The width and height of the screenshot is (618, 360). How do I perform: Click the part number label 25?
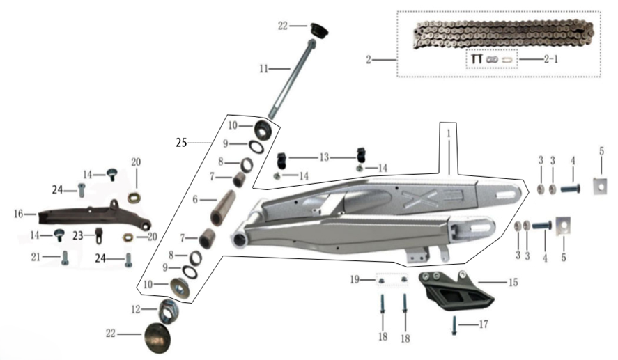[x=181, y=143]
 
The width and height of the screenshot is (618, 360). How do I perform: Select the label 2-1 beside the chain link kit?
[x=551, y=59]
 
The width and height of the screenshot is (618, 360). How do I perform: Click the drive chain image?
[x=503, y=36]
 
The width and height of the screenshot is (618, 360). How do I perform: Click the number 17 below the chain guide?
[x=484, y=324]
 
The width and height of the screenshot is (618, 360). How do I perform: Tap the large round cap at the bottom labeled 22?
[x=157, y=338]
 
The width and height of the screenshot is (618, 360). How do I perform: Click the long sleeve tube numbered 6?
[x=223, y=208]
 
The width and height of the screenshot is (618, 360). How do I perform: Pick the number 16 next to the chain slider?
[x=19, y=214]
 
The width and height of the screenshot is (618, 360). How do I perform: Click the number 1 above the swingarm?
[x=449, y=134]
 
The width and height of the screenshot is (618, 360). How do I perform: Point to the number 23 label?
[x=78, y=235]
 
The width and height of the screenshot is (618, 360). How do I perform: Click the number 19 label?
[x=355, y=279]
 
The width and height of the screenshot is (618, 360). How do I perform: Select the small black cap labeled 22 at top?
[x=320, y=29]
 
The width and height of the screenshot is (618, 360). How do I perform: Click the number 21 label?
[x=36, y=257]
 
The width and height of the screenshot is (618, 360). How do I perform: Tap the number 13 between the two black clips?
[x=324, y=157]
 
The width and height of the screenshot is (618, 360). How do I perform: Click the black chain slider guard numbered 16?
[x=95, y=216]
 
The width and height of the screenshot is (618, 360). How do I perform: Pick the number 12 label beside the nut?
[x=136, y=310]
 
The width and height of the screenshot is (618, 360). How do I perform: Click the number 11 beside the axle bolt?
[x=263, y=69]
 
